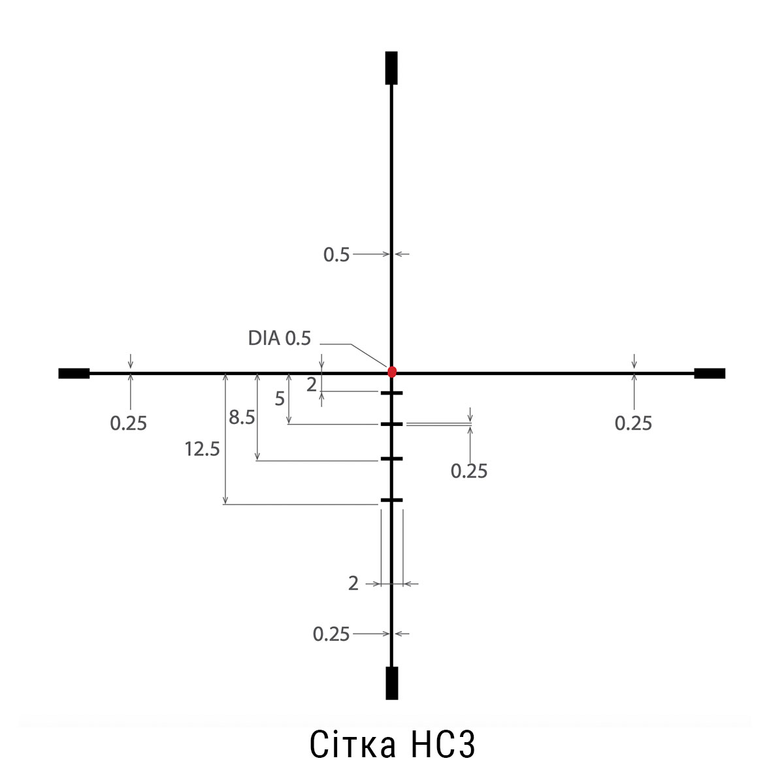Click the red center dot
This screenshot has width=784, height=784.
[x=392, y=372]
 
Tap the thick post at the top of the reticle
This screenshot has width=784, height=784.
[x=391, y=68]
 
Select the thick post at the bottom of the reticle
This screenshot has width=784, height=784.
[x=392, y=683]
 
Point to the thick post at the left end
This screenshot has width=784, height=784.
[x=74, y=374]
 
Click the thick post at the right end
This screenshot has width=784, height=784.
[x=710, y=374]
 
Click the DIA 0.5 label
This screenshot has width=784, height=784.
[x=280, y=338]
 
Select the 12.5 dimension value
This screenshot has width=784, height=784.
[x=202, y=449]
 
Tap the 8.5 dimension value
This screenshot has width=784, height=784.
[x=242, y=417]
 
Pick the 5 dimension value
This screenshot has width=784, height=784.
[x=280, y=399]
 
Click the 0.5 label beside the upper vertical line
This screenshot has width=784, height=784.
[x=336, y=255]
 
